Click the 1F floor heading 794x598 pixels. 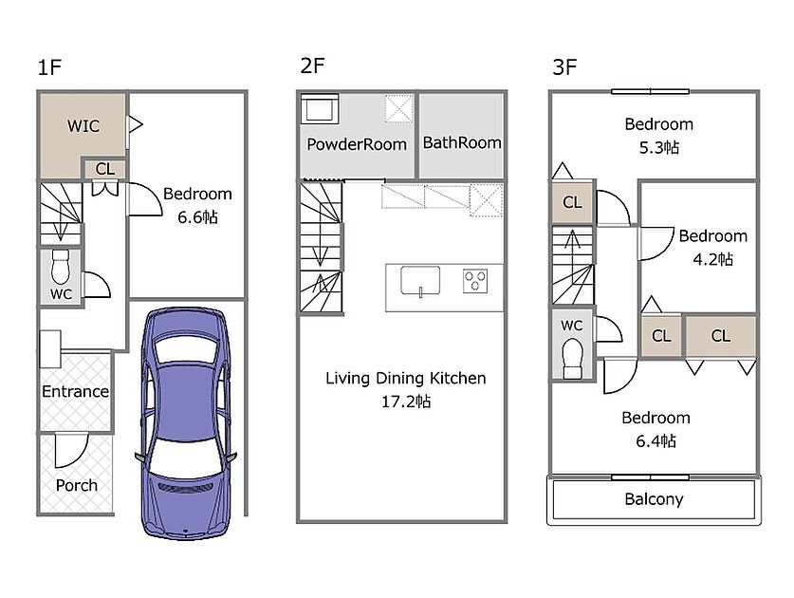[x=49, y=67]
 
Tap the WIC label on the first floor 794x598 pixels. [x=83, y=125]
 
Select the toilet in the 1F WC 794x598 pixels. [x=61, y=267]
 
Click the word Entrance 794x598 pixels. [x=76, y=391]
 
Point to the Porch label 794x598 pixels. [x=77, y=485]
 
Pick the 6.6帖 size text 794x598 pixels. [x=197, y=217]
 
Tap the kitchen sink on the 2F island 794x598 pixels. [x=420, y=281]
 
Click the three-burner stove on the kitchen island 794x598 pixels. [x=475, y=281]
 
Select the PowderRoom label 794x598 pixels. [x=357, y=144]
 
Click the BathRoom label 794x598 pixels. [x=462, y=143]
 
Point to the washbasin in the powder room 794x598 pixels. [x=320, y=109]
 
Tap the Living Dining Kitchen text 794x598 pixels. [x=406, y=378]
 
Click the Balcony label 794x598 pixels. [x=654, y=499]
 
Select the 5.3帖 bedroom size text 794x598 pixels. [x=658, y=147]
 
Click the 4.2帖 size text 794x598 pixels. [x=713, y=259]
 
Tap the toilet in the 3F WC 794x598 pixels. [x=573, y=359]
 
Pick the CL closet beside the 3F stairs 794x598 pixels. [x=572, y=202]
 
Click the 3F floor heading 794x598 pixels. [x=564, y=67]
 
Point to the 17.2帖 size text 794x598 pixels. [x=406, y=402]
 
